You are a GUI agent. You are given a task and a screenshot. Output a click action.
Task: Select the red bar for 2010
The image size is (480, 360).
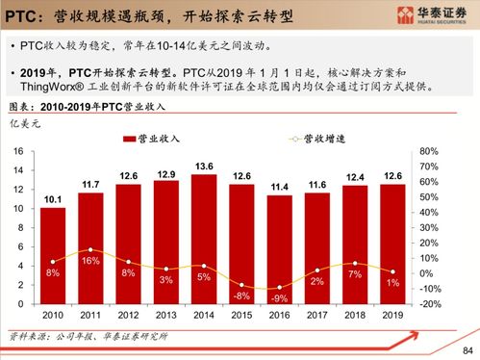pos(54,255)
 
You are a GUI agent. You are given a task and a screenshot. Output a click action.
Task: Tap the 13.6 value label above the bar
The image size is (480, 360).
pos(204,166)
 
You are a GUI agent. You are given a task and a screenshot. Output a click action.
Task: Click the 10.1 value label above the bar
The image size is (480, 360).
pos(54,199)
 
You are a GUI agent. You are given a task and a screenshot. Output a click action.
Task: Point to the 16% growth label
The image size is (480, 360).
pos(91,261)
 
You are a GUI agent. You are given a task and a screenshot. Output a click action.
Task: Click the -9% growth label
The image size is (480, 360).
pos(279,298)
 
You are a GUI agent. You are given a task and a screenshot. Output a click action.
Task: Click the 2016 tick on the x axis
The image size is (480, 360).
pos(279,315)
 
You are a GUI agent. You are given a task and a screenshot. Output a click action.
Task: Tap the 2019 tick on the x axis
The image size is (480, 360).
pos(392,315)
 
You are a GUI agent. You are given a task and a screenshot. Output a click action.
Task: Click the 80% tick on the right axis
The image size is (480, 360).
pos(429,152)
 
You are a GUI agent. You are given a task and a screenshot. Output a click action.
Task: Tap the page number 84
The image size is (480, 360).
pos(468,349)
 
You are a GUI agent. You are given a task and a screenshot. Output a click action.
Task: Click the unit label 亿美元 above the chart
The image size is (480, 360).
pos(25,124)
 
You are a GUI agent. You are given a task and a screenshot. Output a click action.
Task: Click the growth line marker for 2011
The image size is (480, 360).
pos(91,249)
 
